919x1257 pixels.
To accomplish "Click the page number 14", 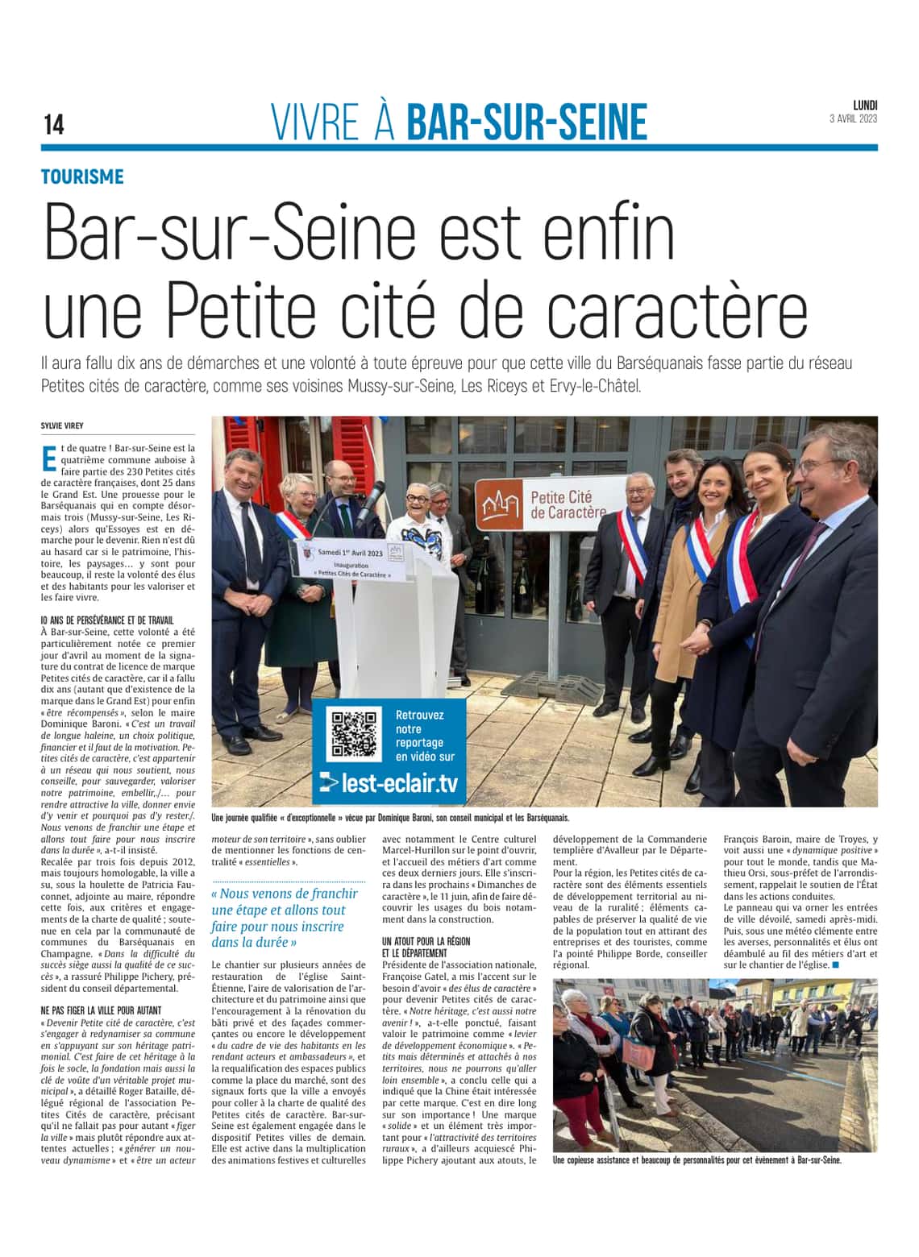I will [x=54, y=125].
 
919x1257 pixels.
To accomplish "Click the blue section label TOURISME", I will [x=83, y=176].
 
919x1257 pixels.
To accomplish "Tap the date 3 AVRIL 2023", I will [x=853, y=118].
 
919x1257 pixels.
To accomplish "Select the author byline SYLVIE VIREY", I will [x=62, y=425].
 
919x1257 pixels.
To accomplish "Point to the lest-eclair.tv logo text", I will [x=389, y=782].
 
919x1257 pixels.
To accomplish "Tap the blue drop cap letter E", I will [x=48, y=457].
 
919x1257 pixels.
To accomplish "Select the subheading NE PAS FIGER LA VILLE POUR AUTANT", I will [x=101, y=1010].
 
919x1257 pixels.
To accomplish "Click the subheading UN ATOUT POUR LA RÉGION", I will [x=426, y=941].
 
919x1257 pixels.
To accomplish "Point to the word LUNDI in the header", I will [x=865, y=105].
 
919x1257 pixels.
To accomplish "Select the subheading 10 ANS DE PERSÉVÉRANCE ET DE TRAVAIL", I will [x=107, y=620].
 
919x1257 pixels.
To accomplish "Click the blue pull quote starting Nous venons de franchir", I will [x=285, y=917].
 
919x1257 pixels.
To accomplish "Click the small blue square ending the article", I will [x=835, y=965].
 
